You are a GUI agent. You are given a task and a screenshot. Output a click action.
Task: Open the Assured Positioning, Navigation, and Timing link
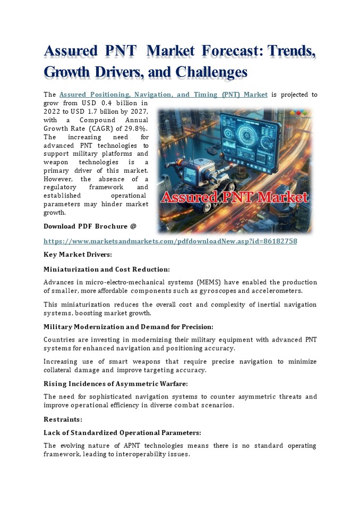point(163,95)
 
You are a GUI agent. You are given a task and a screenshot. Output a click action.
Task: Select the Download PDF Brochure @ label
point(90,226)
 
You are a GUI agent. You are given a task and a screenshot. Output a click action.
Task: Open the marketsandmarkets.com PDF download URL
point(170,241)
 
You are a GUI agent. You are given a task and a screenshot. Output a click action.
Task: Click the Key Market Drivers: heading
point(78,255)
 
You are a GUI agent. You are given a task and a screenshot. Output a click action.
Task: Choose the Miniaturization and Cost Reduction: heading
point(106,269)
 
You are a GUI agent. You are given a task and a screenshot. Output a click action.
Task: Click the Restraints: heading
point(63,419)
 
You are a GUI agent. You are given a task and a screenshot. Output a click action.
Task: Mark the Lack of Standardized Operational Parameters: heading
point(122,432)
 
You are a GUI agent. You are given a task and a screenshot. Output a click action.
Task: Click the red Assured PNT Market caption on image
point(235,198)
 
